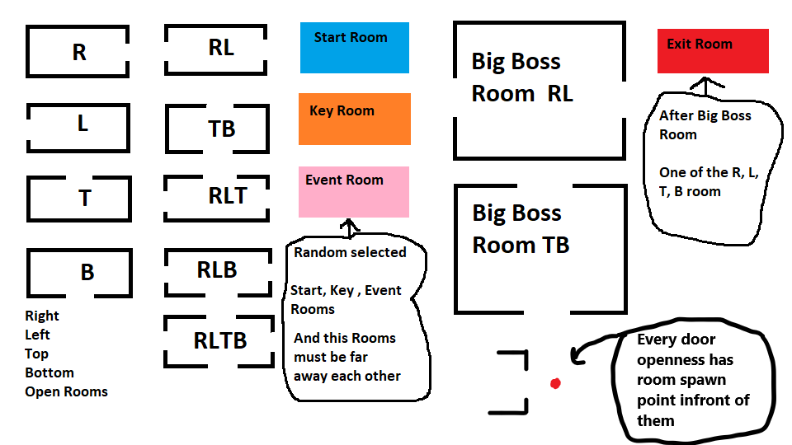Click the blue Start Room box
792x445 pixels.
(354, 48)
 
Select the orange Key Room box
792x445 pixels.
(354, 119)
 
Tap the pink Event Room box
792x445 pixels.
(354, 191)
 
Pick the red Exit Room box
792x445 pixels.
(713, 51)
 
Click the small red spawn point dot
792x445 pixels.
(555, 383)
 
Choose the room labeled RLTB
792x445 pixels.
(219, 340)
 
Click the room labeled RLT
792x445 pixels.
(217, 198)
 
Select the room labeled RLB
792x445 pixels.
(217, 270)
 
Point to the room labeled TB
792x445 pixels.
(217, 129)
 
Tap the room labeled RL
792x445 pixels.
(217, 49)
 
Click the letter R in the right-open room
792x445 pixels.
(79, 53)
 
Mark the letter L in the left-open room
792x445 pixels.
(82, 124)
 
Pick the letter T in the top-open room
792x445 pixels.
(84, 199)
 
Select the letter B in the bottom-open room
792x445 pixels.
(87, 272)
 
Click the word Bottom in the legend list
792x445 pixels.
(49, 372)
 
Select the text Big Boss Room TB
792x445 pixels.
(521, 229)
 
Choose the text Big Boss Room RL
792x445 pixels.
(521, 77)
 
